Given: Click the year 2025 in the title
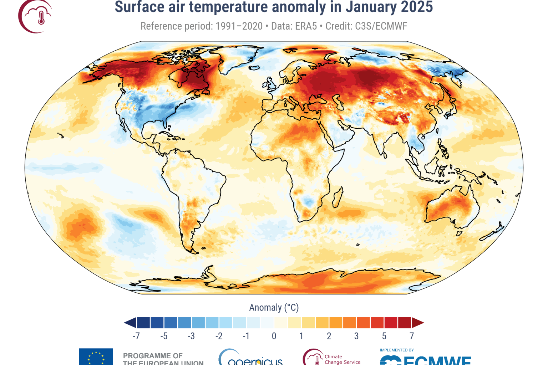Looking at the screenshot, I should [x=417, y=7].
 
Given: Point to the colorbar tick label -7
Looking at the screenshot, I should [x=136, y=336].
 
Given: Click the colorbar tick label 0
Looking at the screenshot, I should [x=274, y=336].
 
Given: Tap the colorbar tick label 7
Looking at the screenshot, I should [x=411, y=336].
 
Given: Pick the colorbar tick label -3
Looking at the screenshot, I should [x=191, y=336].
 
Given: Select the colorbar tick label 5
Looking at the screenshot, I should [x=384, y=336].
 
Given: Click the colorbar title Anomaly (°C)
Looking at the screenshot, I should [x=274, y=308].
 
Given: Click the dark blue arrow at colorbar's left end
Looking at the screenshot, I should [x=130, y=323].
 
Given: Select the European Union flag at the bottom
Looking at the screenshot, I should [x=96, y=357].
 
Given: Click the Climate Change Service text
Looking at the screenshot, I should [x=342, y=359].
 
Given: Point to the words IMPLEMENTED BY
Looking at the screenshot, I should [x=397, y=350].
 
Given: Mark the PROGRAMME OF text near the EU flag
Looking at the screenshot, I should [x=153, y=356].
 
